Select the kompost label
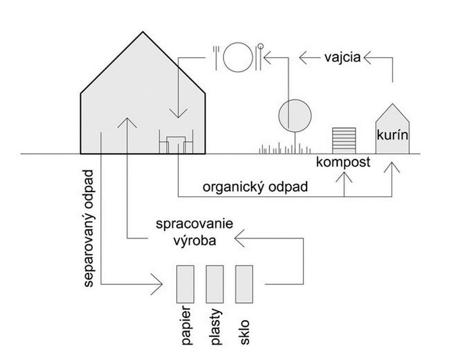coord(343,162)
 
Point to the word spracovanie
coord(193,224)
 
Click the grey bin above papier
coord(185,284)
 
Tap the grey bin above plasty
coord(215,284)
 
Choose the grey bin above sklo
coord(244,284)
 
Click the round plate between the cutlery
coord(237,58)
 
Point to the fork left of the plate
coord(216,56)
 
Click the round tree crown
coord(295,115)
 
